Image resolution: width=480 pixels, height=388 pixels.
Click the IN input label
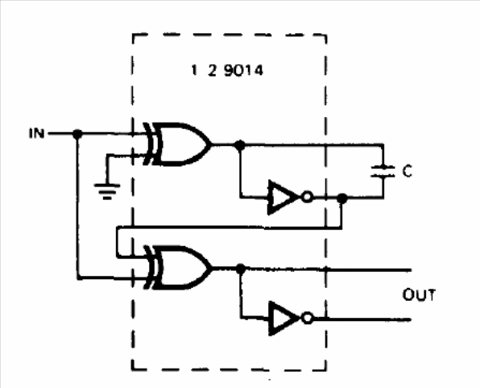click(x=37, y=133)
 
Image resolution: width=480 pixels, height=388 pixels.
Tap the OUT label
click(x=419, y=294)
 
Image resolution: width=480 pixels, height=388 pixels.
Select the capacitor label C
click(x=408, y=171)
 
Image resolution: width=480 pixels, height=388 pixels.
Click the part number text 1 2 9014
click(x=227, y=70)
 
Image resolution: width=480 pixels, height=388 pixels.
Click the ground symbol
click(x=107, y=191)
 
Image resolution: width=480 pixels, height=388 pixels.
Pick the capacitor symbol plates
click(x=383, y=172)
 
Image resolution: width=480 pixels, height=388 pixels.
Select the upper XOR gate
click(x=177, y=144)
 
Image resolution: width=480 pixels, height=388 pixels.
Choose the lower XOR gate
click(x=177, y=268)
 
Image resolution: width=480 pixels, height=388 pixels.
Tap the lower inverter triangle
click(x=283, y=319)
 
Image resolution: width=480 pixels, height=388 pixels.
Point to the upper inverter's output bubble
click(x=307, y=197)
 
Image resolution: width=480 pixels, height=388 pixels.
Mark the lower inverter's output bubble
click(x=308, y=319)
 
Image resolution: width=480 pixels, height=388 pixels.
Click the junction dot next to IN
click(x=77, y=134)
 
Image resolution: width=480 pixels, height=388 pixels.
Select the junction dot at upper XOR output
click(x=240, y=144)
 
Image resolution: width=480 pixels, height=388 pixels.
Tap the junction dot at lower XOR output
click(x=241, y=269)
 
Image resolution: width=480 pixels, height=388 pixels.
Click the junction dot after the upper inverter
click(x=342, y=198)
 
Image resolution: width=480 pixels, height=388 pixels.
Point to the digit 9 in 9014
click(x=229, y=70)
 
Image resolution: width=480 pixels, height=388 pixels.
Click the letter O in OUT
click(x=408, y=294)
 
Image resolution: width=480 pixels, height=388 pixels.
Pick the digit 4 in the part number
click(x=258, y=71)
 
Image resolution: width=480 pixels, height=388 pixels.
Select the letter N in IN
click(x=39, y=133)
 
